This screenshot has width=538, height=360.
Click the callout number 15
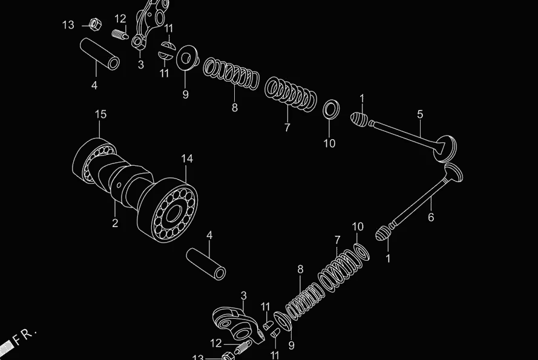click(100, 114)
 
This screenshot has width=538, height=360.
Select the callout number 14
click(187, 159)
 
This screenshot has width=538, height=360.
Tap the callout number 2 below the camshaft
click(115, 223)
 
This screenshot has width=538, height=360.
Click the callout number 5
click(420, 114)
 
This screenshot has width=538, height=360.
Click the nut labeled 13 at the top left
click(94, 25)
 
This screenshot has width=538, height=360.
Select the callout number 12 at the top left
click(120, 19)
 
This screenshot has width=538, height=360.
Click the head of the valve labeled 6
click(453, 172)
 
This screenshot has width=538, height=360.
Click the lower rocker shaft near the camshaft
click(206, 263)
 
